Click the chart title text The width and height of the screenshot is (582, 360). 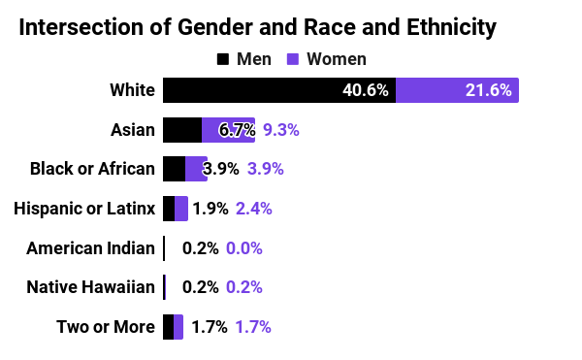257,27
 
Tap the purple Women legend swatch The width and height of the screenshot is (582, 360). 292,59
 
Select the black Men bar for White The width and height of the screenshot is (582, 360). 278,90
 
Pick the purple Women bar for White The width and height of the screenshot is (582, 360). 457,90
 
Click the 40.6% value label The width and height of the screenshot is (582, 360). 366,90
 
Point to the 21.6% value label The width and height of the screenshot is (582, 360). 489,90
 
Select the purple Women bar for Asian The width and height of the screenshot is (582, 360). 228,130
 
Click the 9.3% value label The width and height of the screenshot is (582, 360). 281,130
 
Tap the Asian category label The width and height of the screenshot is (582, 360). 134,130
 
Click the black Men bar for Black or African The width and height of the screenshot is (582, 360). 174,169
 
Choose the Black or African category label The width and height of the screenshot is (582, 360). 92,169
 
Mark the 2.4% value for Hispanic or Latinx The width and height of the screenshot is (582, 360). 254,209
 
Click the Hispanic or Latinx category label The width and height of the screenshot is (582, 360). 84,209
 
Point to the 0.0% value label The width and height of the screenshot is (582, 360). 244,248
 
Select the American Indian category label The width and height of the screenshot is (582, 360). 90,248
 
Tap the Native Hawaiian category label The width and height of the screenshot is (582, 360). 90,287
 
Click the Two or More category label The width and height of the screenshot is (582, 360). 106,327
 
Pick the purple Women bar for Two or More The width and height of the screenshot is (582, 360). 178,327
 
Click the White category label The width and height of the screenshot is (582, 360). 132,90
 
